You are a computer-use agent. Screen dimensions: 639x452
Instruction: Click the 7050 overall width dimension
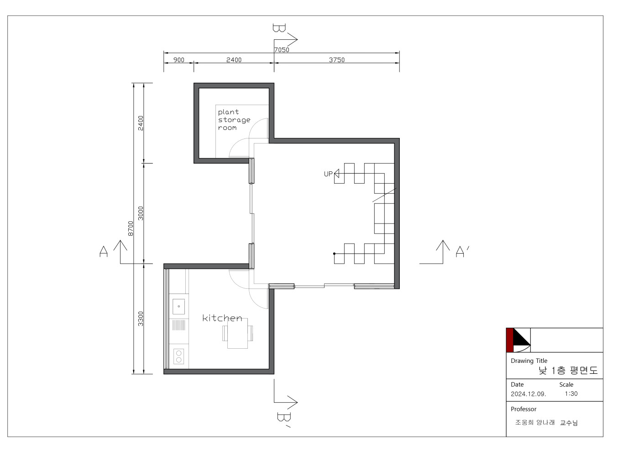(282, 50)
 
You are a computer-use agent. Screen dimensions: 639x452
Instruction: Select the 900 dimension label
(179, 60)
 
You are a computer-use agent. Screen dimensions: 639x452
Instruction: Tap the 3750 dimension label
(337, 60)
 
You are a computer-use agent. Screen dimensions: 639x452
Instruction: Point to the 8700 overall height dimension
(131, 229)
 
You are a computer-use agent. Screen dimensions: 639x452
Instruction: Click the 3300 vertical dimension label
(141, 319)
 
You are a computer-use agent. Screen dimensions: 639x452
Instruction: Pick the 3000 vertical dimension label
(141, 213)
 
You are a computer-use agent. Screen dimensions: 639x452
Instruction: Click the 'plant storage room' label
(234, 120)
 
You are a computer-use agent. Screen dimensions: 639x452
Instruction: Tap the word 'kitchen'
(222, 318)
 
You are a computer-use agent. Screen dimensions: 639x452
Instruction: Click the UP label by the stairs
(328, 174)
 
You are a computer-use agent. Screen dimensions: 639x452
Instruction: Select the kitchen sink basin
(178, 307)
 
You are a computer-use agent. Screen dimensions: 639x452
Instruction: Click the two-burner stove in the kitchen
(178, 356)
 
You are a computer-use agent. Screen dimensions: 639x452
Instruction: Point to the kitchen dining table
(238, 333)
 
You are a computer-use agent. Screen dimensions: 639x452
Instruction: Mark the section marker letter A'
(462, 252)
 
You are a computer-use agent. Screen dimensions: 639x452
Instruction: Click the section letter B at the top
(279, 28)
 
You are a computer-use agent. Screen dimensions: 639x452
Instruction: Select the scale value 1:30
(571, 394)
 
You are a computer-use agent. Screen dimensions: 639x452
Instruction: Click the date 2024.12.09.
(529, 394)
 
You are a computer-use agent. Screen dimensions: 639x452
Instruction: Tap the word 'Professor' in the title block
(524, 409)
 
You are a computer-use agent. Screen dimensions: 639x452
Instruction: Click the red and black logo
(519, 340)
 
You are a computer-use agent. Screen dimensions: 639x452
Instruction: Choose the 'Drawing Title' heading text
(529, 361)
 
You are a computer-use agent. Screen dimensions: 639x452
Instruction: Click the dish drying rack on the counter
(178, 325)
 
